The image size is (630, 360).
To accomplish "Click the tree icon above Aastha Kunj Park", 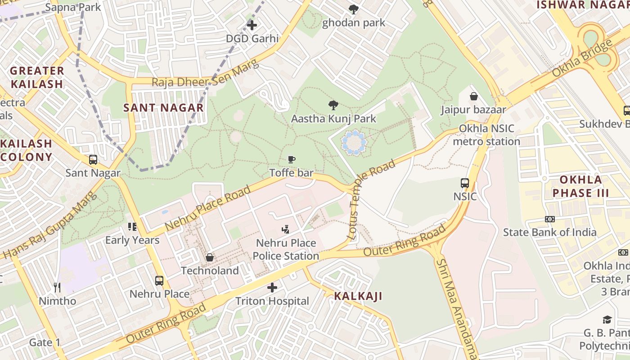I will click(333, 106).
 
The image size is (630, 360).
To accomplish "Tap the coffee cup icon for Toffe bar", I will click(292, 159).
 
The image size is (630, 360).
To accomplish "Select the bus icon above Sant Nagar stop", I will click(93, 160).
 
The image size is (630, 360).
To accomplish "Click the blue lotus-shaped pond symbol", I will click(354, 143).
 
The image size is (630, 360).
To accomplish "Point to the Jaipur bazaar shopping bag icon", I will click(473, 96).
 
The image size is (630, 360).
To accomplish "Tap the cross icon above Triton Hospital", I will click(272, 287).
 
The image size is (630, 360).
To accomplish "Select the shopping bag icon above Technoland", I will click(209, 257).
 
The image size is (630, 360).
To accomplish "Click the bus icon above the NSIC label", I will click(465, 183).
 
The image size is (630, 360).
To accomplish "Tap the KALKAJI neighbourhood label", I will click(358, 296).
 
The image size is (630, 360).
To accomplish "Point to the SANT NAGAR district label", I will click(164, 108).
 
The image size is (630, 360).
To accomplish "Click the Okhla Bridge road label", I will click(582, 58).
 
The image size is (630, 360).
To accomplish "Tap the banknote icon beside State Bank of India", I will click(550, 219).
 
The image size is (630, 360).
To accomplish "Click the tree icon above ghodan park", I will click(354, 9).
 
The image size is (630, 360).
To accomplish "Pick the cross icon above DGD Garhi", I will click(252, 25).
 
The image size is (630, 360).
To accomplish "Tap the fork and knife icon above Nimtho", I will click(57, 287).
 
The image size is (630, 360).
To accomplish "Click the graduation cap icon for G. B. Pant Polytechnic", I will click(607, 319).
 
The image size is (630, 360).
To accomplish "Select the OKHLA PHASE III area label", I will click(580, 186).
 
